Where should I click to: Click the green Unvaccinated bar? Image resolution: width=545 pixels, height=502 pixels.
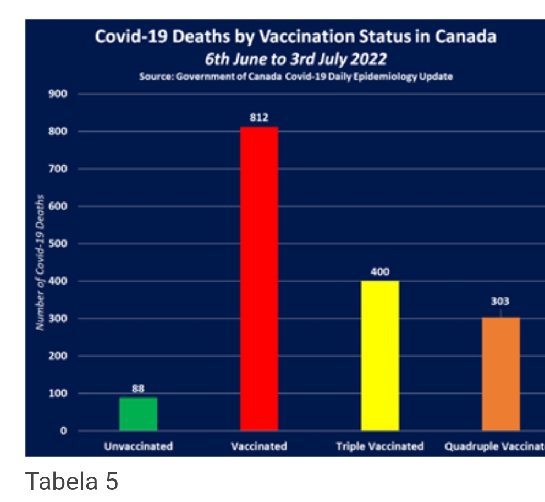tap(138, 413)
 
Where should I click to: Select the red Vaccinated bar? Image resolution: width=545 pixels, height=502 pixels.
tap(259, 279)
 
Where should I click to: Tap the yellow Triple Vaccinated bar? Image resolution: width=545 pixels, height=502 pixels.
tap(380, 356)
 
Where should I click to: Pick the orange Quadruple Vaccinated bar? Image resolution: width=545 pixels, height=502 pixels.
tap(500, 374)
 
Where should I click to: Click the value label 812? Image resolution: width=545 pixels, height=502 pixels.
tap(259, 117)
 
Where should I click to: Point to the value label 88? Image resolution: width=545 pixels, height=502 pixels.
tap(138, 389)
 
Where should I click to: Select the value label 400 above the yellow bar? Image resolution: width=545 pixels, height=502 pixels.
tap(380, 272)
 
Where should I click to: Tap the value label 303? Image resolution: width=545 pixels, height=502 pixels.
tap(500, 302)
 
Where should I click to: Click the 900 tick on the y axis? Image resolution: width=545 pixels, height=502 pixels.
tap(60, 94)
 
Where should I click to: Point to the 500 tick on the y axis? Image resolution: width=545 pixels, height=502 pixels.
tap(60, 244)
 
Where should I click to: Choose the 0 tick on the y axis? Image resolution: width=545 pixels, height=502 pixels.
tap(64, 431)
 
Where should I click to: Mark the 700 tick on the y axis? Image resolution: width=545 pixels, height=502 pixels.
tap(60, 169)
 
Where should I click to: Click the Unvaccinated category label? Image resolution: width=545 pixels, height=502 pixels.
tap(139, 446)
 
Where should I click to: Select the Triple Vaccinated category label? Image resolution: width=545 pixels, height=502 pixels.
tap(380, 446)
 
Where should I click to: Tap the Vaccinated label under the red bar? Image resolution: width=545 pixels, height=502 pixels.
tap(259, 446)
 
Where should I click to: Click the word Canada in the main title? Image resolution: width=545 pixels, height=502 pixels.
tap(466, 37)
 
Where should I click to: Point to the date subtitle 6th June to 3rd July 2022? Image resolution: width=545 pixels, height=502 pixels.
tap(295, 58)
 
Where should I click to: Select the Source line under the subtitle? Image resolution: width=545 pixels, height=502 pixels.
tap(296, 77)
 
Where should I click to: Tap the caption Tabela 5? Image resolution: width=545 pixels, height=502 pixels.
tap(72, 481)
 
